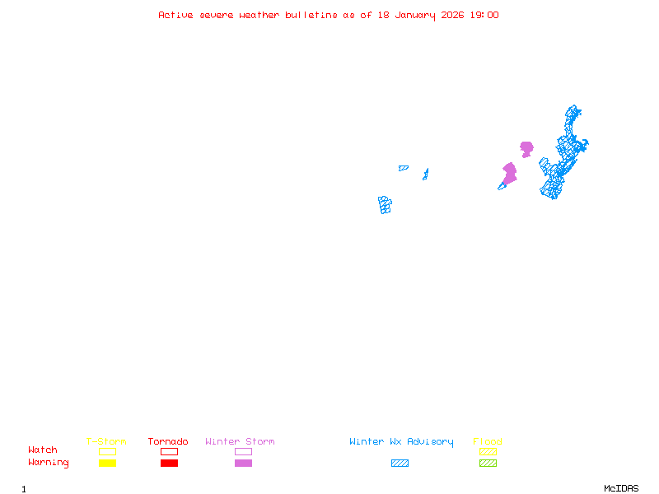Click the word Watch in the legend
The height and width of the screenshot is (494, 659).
tap(43, 450)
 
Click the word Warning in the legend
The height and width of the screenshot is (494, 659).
tap(49, 463)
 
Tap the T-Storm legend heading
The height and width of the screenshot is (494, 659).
tap(106, 442)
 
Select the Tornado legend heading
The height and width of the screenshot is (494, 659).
tap(168, 442)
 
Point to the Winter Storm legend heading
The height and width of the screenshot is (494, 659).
tap(240, 442)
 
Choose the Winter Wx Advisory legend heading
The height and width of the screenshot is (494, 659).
tap(401, 442)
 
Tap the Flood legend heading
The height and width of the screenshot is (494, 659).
tap(488, 442)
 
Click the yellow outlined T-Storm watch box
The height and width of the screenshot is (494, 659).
tap(107, 451)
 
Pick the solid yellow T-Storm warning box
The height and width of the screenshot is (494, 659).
tap(107, 464)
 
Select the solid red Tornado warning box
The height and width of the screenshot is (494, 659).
tap(169, 464)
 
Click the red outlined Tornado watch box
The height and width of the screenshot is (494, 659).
tap(169, 451)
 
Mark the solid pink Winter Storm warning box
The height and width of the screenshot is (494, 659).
tap(243, 464)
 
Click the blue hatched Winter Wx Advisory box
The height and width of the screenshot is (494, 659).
tap(400, 464)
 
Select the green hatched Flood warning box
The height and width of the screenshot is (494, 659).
tap(488, 464)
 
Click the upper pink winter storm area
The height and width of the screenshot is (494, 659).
tap(526, 148)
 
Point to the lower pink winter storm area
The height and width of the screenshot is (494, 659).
tap(510, 174)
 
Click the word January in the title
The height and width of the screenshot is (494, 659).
tap(413, 15)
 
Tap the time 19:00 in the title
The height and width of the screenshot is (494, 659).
tap(484, 15)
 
